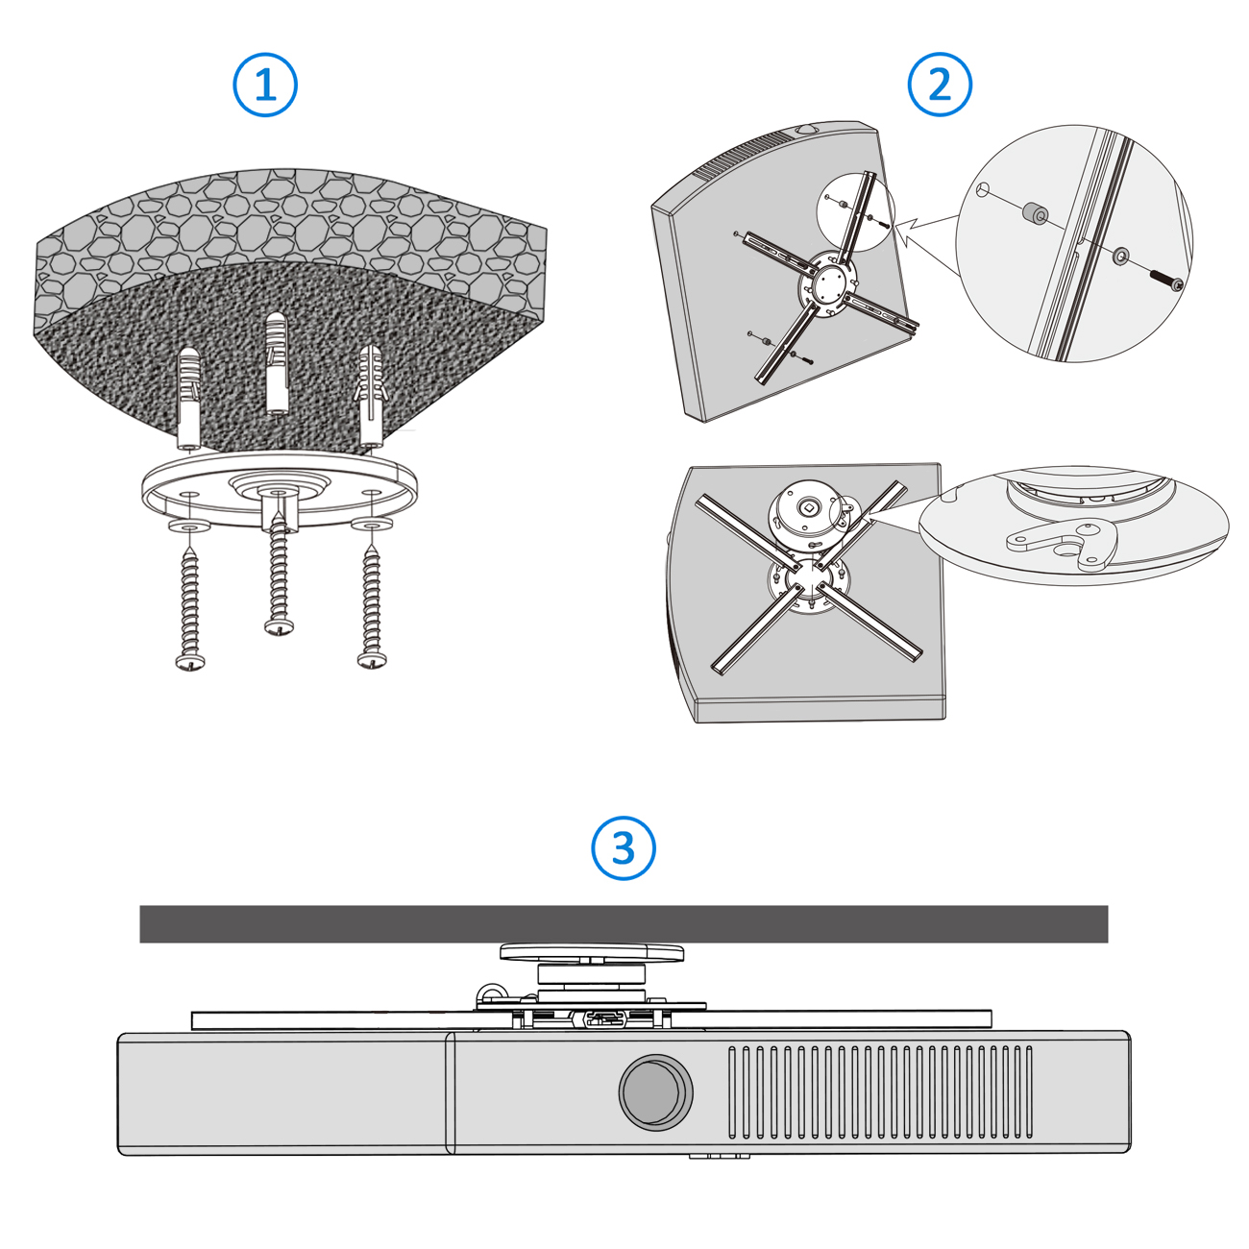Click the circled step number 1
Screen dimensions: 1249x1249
[265, 85]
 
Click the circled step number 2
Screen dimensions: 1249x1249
[940, 85]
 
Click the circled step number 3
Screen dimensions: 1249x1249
[623, 847]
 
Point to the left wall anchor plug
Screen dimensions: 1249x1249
[188, 398]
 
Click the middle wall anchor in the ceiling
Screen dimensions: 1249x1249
[278, 363]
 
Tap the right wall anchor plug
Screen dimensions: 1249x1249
[371, 397]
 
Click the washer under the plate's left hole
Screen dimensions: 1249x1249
[189, 525]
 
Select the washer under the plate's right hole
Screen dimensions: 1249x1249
[372, 523]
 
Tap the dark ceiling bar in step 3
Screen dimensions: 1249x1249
[624, 923]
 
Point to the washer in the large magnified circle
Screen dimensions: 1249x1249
[1120, 256]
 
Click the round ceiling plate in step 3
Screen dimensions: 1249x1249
[591, 952]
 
